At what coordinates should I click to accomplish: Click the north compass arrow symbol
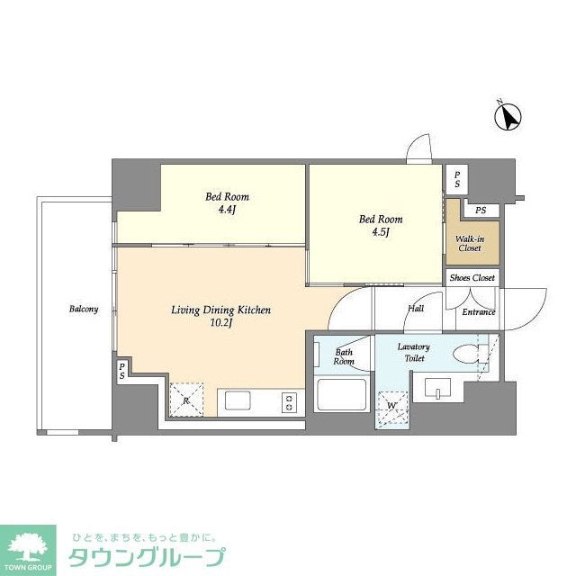510,117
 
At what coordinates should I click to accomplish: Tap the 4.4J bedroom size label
228,211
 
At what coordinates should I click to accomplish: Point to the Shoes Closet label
472,278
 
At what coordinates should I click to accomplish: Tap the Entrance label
479,312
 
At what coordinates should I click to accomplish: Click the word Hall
416,308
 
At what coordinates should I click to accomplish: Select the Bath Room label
345,356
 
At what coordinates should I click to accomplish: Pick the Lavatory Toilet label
414,352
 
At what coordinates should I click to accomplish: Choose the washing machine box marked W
391,406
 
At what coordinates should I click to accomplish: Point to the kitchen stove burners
290,401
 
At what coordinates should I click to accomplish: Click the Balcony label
84,310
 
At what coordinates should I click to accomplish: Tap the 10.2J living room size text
221,323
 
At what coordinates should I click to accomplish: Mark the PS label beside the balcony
121,372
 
